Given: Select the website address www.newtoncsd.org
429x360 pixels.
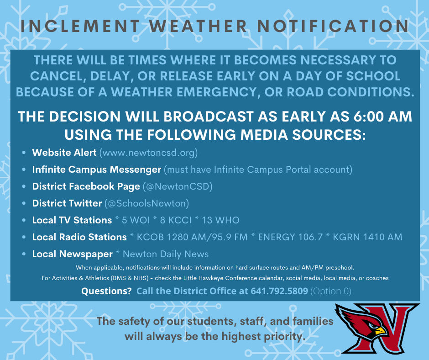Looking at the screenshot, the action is pos(149,153).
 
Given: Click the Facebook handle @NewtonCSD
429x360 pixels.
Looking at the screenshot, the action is pos(178,186).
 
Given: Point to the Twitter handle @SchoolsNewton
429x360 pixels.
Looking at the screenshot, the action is pos(147,204).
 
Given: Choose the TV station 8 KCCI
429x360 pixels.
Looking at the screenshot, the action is pos(176,220).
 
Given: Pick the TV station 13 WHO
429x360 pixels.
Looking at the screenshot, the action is pos(220,220).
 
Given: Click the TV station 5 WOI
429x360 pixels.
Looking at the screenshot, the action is pos(136,220).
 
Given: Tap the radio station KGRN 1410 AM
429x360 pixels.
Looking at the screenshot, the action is pos(367,237).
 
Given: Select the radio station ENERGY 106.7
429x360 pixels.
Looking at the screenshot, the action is pos(290,237).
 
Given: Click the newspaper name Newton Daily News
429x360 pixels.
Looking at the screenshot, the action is pos(166,254).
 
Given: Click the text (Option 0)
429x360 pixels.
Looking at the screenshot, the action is pos(331,291).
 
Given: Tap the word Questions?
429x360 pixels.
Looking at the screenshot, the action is pos(106,291).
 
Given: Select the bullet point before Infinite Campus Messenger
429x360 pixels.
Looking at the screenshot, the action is pos(24,169).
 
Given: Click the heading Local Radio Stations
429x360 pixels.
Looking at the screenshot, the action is pos(79,237).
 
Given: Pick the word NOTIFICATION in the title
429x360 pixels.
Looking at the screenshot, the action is pos(333,26).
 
